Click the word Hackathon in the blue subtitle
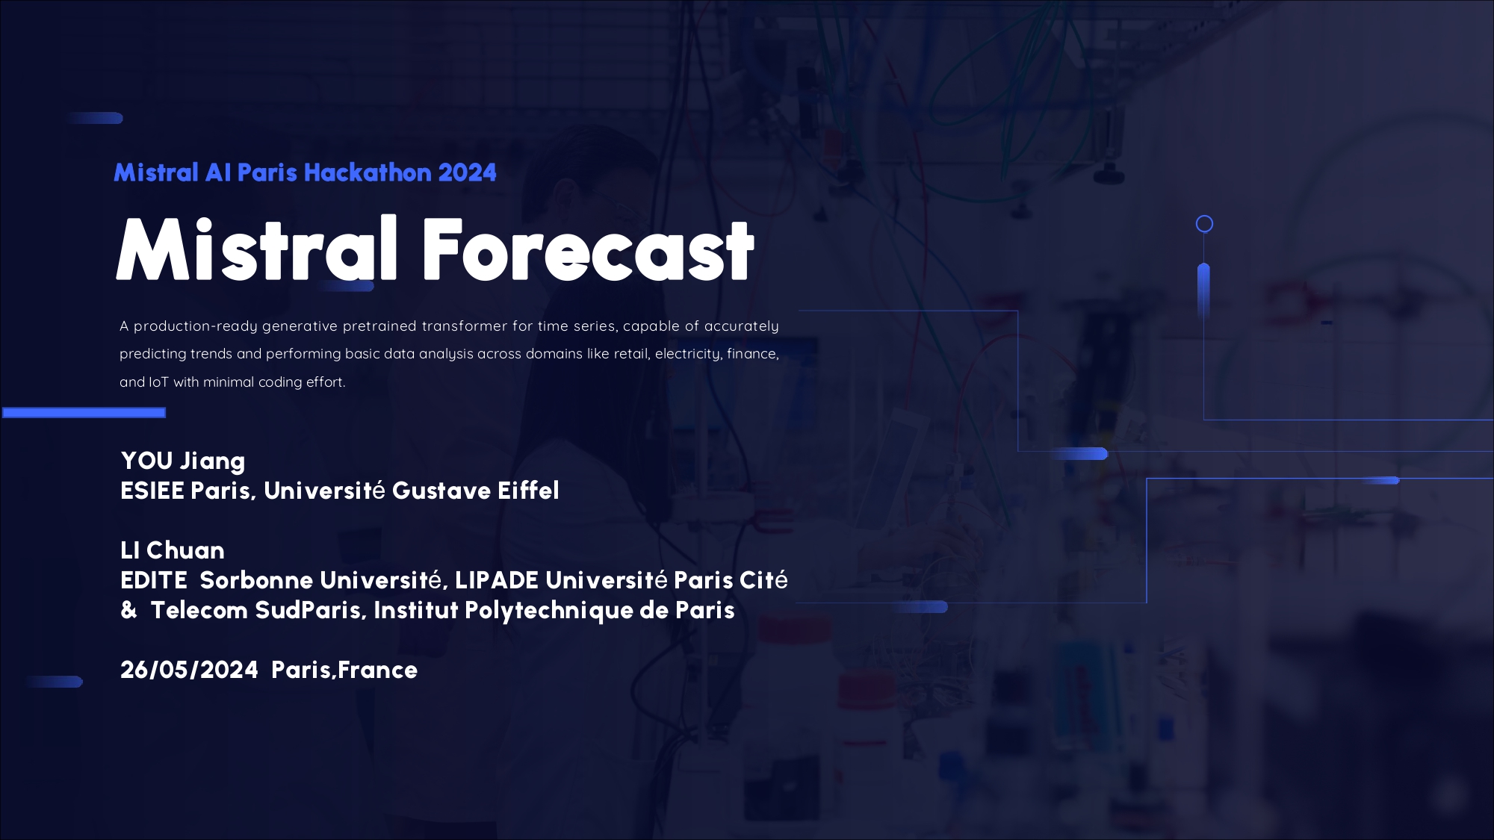[368, 172]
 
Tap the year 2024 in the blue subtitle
[468, 172]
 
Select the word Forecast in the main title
[589, 249]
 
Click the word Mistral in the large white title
[257, 249]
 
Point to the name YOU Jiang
[183, 461]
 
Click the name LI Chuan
[173, 550]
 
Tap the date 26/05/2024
[190, 670]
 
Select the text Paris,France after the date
[344, 670]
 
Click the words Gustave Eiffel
[476, 491]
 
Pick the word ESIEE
[152, 491]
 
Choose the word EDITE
[154, 580]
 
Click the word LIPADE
[497, 580]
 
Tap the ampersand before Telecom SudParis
[129, 610]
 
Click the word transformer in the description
[463, 326]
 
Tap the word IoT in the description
[159, 382]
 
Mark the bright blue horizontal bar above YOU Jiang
[84, 413]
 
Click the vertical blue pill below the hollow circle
[1203, 292]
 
